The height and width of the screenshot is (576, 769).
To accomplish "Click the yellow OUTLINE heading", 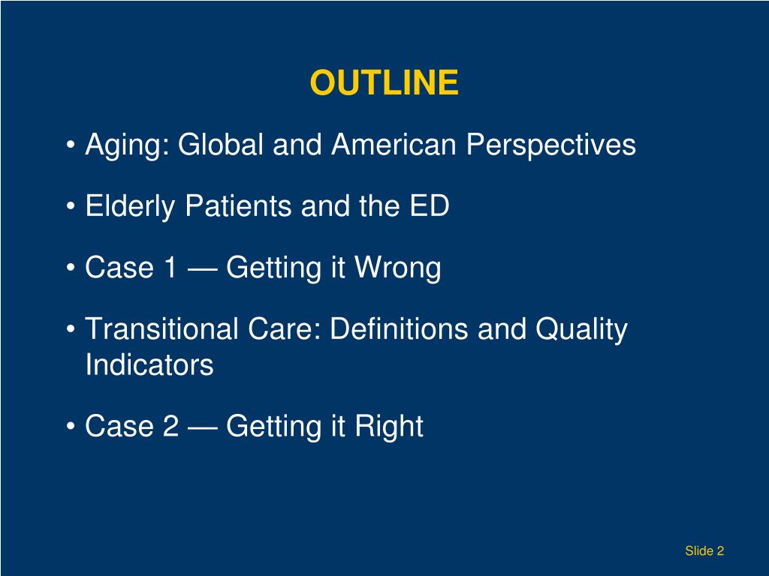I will pyautogui.click(x=384, y=83).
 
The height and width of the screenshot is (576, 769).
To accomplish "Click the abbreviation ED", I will pyautogui.click(x=429, y=205).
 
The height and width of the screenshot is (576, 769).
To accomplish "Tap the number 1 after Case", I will pyautogui.click(x=169, y=267).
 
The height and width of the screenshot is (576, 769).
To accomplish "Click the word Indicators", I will pyautogui.click(x=149, y=366).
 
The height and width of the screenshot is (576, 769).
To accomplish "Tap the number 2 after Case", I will pyautogui.click(x=170, y=426).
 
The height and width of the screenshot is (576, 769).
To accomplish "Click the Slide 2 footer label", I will pyautogui.click(x=704, y=551).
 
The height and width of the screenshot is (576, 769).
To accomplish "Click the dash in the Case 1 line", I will pyautogui.click(x=202, y=268).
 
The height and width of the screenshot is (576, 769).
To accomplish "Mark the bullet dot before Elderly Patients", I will pyautogui.click(x=71, y=207).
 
